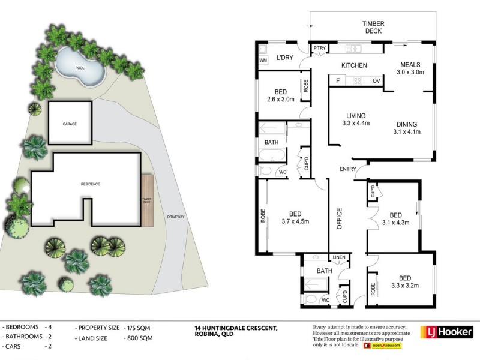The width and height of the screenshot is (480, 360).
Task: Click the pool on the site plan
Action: pos(80,67)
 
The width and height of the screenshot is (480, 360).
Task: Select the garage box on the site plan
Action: pos(70,123)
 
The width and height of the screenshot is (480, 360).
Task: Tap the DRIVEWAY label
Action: pos(176,217)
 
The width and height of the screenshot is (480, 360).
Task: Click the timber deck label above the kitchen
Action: pos(373,27)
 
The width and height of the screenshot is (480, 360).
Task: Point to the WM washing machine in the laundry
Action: pos(263,61)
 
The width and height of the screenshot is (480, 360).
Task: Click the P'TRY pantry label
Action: pos(319,48)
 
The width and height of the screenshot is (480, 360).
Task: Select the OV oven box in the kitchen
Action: pos(377,81)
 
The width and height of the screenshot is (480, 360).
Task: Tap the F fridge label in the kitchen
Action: pos(338,81)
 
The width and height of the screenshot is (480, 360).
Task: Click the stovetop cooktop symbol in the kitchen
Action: pos(358,81)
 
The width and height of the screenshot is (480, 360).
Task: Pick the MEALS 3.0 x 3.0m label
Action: pos(410,68)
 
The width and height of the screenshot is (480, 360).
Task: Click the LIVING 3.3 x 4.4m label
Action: pos(356,119)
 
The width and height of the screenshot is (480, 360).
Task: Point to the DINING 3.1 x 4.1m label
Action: pos(407,128)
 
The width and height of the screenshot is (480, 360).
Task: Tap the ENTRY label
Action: pos(348,169)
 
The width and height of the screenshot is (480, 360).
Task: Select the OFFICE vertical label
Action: pos(339,218)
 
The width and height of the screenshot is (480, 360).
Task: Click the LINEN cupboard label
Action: pos(339,257)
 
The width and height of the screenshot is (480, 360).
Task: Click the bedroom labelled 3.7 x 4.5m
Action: pos(295,218)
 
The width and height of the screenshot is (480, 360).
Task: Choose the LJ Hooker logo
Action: pos(447,332)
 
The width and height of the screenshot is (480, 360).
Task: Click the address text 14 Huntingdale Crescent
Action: pos(236,328)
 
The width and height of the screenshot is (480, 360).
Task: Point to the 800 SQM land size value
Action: pos(138,338)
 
